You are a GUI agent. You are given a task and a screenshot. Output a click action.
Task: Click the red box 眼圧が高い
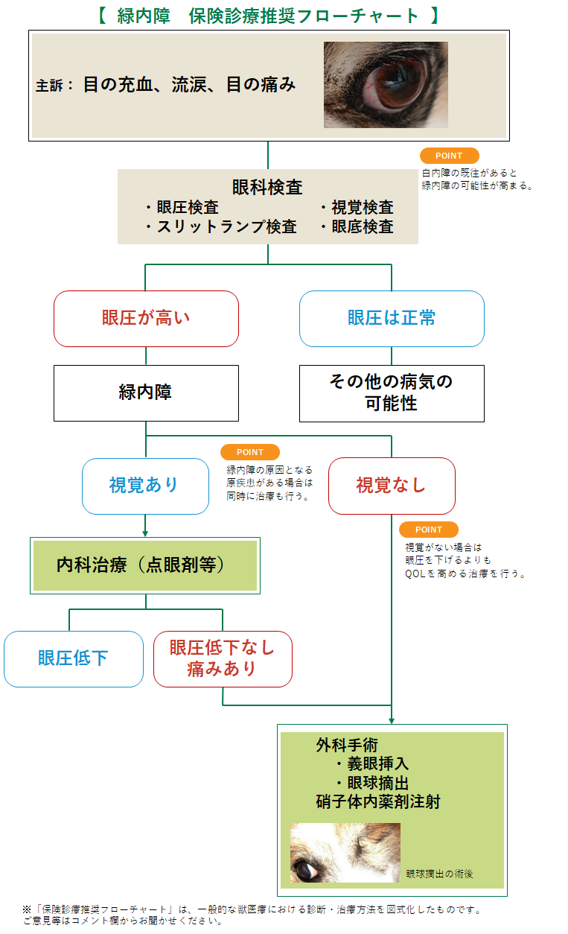click(x=146, y=318)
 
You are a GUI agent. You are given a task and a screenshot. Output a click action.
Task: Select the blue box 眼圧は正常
click(x=392, y=318)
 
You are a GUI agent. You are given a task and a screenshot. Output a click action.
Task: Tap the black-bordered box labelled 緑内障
click(x=146, y=393)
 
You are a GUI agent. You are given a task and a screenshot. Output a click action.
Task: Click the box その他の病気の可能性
click(x=392, y=393)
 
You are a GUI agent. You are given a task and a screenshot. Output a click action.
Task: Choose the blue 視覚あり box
click(x=145, y=486)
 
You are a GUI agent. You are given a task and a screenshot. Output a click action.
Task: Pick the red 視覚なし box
click(x=392, y=486)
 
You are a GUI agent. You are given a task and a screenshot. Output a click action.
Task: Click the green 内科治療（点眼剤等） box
click(x=145, y=565)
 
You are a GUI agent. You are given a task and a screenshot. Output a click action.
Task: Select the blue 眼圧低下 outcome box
click(x=74, y=658)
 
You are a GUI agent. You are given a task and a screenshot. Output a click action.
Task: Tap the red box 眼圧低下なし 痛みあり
click(x=223, y=658)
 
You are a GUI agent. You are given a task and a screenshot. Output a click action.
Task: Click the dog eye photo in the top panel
click(x=386, y=84)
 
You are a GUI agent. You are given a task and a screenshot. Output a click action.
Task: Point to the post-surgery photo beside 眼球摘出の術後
click(x=345, y=852)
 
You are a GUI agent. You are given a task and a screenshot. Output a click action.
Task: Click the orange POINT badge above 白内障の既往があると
click(x=449, y=156)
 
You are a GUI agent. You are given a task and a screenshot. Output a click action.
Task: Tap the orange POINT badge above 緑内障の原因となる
click(x=250, y=452)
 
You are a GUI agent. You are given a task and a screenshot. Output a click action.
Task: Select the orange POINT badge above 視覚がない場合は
click(x=429, y=530)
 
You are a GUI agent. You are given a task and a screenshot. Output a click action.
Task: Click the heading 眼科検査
click(x=267, y=188)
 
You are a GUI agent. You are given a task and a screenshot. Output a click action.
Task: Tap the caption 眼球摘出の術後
click(x=440, y=874)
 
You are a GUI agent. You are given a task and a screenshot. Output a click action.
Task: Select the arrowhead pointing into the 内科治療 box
click(x=145, y=533)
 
